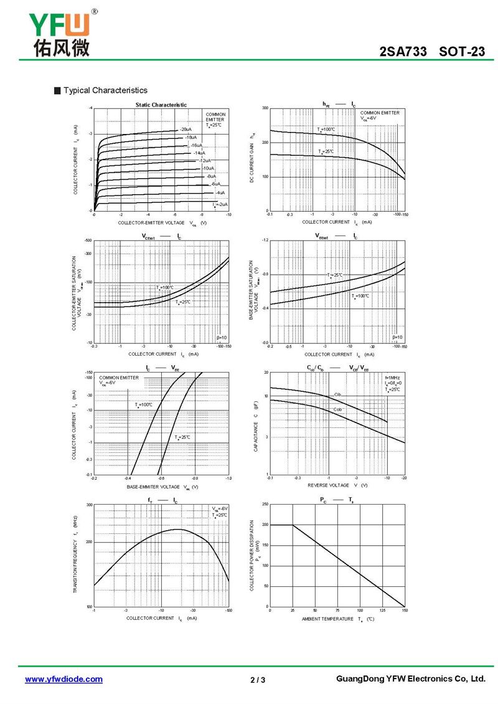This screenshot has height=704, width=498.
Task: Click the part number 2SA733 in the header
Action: [403, 52]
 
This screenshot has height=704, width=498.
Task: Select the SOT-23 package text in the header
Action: [461, 52]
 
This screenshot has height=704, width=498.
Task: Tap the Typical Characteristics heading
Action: [105, 90]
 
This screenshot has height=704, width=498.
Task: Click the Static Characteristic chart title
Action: [161, 105]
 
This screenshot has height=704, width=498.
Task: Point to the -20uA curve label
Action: [185, 129]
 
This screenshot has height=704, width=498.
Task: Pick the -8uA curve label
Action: [212, 176]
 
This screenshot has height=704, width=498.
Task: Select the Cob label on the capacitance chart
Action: [337, 409]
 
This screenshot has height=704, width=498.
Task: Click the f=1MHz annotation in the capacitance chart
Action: [392, 378]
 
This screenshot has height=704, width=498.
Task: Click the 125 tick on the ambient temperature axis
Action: [382, 611]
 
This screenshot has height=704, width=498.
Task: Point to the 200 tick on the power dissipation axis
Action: [266, 525]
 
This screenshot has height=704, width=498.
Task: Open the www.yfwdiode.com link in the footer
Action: [63, 679]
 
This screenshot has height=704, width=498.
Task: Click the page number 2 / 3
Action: [258, 680]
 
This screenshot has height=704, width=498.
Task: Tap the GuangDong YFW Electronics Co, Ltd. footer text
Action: [410, 678]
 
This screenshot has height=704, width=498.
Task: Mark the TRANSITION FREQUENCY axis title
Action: [75, 554]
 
